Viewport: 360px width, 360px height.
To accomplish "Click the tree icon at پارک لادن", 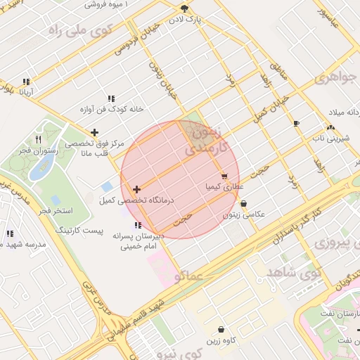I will (x=184, y=8).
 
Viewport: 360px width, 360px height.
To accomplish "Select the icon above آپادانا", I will (x=27, y=82).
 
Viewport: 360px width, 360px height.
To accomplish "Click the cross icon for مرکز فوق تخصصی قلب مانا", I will (x=95, y=132).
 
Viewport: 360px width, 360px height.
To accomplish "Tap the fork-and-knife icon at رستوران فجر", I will (x=38, y=139).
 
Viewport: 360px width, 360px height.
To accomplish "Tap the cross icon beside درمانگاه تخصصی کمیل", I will (x=136, y=189).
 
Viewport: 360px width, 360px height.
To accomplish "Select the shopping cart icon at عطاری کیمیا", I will (x=224, y=176).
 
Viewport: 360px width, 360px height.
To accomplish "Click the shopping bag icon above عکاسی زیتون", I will (x=243, y=204).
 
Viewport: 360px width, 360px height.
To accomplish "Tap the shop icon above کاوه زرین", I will (x=221, y=329).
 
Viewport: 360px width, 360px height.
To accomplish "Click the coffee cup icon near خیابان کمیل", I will (x=296, y=124).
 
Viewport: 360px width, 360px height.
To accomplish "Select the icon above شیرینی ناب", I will (x=330, y=127).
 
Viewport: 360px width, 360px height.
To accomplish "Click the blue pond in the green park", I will (x=42, y=165).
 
